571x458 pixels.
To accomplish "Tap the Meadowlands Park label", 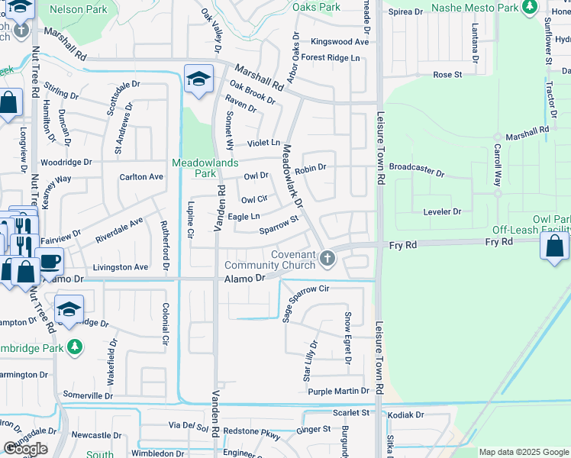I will [205, 168].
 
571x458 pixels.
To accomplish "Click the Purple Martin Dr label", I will [338, 392].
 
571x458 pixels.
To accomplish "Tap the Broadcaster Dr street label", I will [416, 168].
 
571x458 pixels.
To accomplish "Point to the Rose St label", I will [447, 75].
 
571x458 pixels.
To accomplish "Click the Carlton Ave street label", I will [141, 177].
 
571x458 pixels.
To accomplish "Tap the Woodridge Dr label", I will [66, 163].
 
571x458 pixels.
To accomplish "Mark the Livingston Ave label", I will [120, 268].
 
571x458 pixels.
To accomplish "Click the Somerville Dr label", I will [88, 395].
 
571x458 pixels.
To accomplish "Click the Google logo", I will [25, 449].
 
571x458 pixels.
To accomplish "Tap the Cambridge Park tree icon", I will [74, 347].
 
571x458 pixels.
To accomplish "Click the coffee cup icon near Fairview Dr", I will [49, 260].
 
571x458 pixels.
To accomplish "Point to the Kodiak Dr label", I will [405, 415].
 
